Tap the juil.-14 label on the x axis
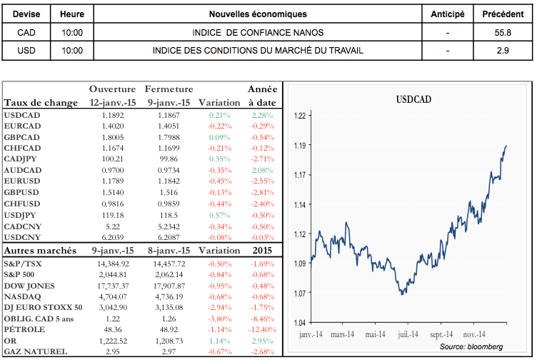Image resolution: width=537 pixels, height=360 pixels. click(408, 333)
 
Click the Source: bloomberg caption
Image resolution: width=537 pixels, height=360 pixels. click(471, 346)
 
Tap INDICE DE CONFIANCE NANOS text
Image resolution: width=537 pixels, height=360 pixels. click(258, 32)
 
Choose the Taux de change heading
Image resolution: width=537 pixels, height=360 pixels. click(41, 103)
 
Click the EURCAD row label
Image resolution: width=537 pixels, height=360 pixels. click(23, 126)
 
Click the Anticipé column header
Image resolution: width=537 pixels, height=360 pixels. click(448, 14)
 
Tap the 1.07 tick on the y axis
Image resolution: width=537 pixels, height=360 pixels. click(301, 292)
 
